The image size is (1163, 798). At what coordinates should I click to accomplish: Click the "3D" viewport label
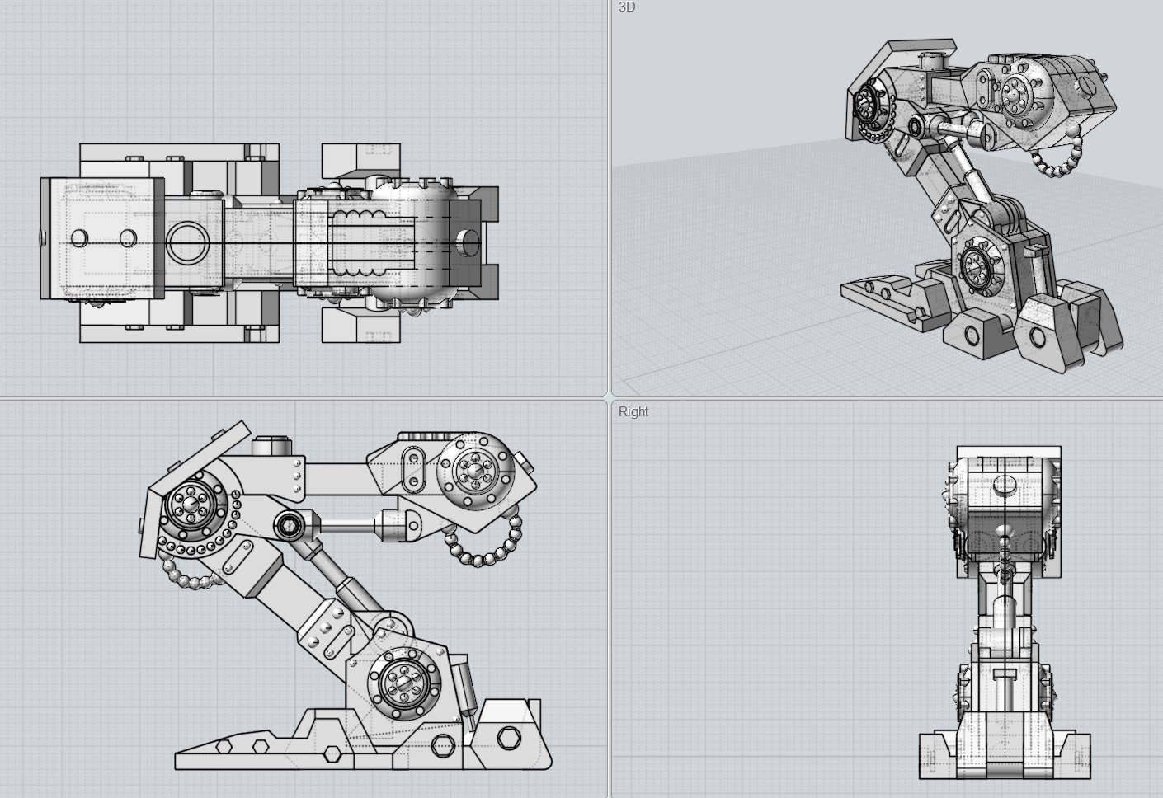coord(627,7)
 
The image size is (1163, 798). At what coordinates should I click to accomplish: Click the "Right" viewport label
coord(633,411)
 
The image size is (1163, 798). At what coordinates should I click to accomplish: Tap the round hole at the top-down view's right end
coord(467,242)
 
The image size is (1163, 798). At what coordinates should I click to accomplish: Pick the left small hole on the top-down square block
coord(79,238)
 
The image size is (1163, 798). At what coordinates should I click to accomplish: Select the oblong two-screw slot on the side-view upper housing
coord(410,468)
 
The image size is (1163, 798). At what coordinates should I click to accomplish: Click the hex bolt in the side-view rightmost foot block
coord(509,736)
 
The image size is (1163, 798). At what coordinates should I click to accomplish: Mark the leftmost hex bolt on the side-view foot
coord(223,747)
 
